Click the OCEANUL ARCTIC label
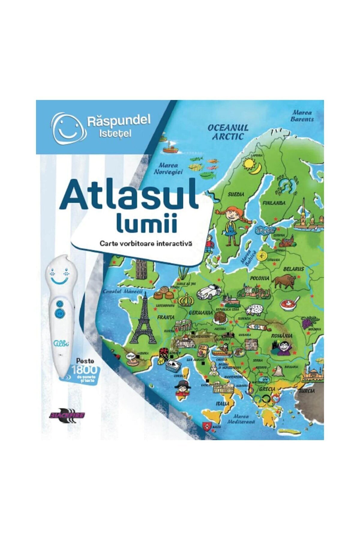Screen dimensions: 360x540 coord(228,132)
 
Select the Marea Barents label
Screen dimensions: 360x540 coord(302,116)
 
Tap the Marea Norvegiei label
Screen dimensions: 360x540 coord(168,169)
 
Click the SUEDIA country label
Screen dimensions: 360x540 coord(236,194)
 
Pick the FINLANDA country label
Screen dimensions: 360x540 coord(274,203)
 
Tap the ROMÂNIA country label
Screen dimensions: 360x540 coord(282,336)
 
